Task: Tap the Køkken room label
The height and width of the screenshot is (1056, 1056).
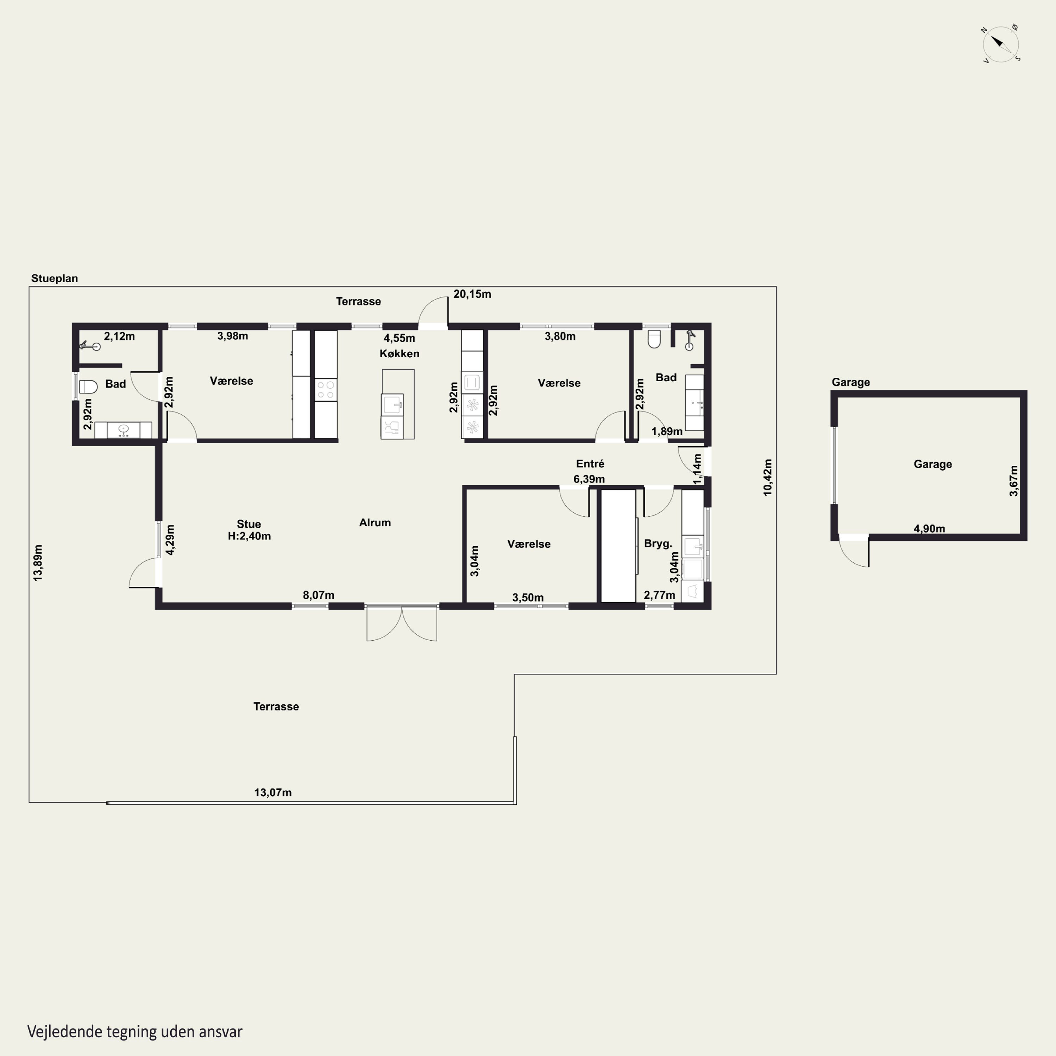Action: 400,354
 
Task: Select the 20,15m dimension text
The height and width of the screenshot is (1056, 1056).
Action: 472,294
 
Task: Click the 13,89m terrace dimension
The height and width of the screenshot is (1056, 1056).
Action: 38,562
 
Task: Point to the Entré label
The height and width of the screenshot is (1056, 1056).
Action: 590,464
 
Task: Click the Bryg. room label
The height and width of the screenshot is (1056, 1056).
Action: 658,543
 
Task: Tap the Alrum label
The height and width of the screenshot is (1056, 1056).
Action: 375,522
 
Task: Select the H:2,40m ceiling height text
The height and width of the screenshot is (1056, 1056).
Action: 249,536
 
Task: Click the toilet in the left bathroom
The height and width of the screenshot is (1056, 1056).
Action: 88,386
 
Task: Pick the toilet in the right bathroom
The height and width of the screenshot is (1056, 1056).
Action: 654,339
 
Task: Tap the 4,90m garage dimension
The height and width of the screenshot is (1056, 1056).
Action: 929,529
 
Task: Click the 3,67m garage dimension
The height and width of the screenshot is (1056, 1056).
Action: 1014,481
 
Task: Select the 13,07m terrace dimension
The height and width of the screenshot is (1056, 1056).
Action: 273,793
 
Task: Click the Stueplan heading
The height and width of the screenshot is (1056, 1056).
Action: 55,278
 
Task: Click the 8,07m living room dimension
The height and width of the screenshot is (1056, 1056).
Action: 319,595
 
